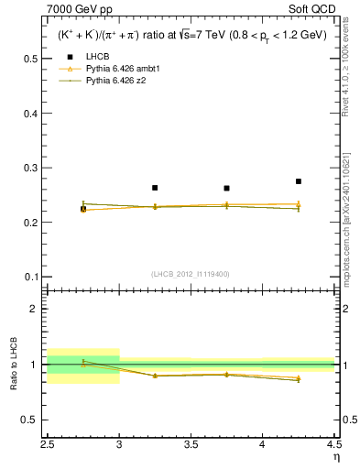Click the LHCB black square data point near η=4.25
coord(299,181)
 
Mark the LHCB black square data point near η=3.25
coord(155,188)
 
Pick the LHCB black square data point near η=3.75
coord(226,189)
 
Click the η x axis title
coord(335,458)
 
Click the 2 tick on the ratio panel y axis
coord(38,309)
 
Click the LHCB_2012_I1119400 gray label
coord(191,274)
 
